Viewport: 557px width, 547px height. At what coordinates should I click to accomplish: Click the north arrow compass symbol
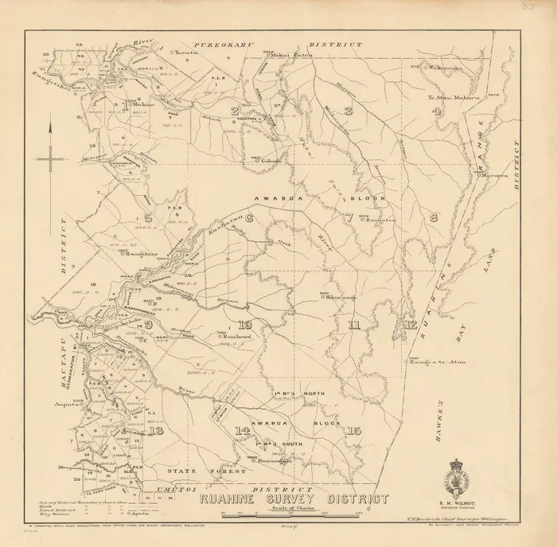[49, 156]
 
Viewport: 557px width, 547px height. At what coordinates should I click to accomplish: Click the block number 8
[434, 217]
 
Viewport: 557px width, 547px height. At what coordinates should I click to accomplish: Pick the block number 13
[156, 430]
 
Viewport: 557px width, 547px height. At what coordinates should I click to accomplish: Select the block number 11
[354, 324]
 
